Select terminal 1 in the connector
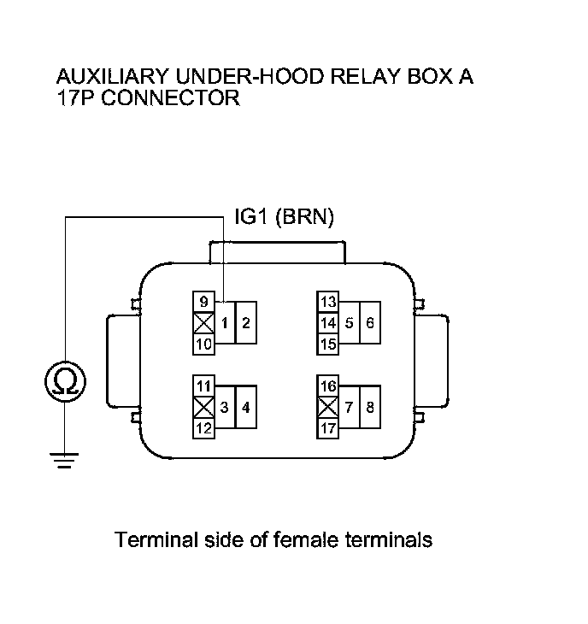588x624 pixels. coord(223,323)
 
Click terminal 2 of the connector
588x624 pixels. coord(245,323)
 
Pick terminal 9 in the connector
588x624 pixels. coord(203,302)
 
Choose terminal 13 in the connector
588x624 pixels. coord(328,302)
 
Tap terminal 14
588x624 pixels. coord(328,323)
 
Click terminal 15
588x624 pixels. coord(328,344)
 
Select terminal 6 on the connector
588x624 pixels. coord(370,323)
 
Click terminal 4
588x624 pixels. coord(245,407)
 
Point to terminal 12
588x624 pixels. coord(203,427)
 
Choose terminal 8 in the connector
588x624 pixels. coord(370,407)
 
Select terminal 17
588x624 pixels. coord(328,427)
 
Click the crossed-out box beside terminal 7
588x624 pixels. coord(328,407)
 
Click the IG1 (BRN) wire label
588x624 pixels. coord(284,218)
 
